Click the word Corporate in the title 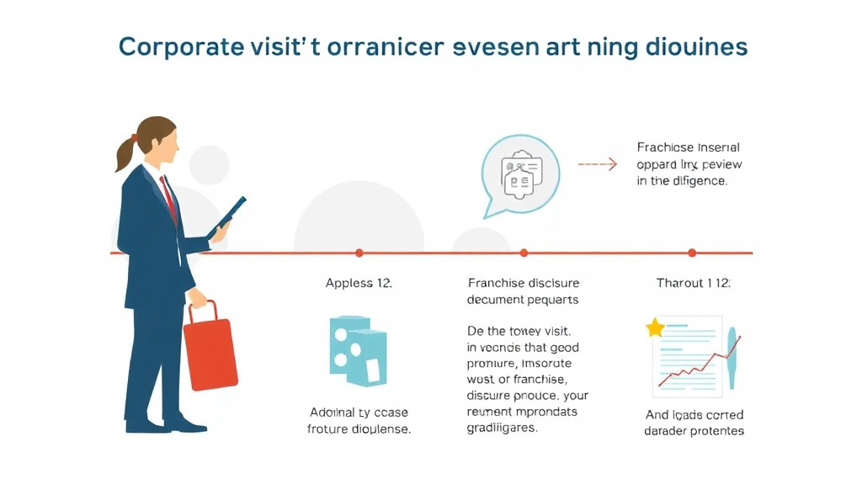pos(173,47)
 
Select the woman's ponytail pos(125,152)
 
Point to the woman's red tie pos(169,196)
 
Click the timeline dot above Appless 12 pos(359,253)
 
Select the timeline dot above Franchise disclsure pos(524,253)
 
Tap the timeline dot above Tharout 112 pos(692,253)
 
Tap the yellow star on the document pos(655,328)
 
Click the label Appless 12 pos(359,283)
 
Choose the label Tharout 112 pos(694,283)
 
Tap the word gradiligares pos(502,427)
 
